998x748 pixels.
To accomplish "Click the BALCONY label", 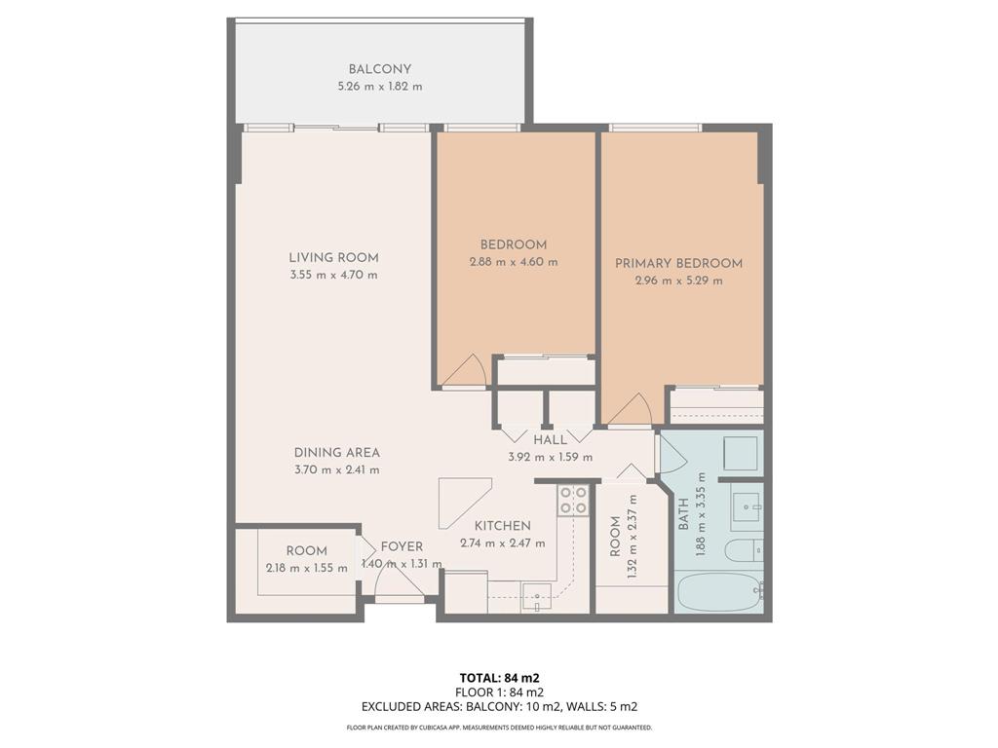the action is (x=379, y=69).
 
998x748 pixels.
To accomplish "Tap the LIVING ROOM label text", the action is (x=333, y=257).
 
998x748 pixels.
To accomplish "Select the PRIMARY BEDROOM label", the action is (x=678, y=263).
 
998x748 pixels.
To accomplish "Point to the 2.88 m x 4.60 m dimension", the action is (x=514, y=261).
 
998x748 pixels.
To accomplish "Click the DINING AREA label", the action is (x=336, y=453).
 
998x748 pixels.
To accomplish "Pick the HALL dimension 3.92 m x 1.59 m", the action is (x=551, y=457).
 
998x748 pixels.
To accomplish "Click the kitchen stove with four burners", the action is (x=573, y=500).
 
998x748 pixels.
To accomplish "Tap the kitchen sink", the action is (x=537, y=597).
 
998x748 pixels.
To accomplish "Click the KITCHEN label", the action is (x=503, y=526).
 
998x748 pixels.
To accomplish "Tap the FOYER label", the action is (x=402, y=546).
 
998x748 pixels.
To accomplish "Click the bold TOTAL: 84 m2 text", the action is (x=500, y=678).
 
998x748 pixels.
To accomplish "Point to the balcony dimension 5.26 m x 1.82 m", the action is (x=380, y=87).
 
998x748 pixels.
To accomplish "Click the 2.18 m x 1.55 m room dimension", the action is (x=307, y=568).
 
